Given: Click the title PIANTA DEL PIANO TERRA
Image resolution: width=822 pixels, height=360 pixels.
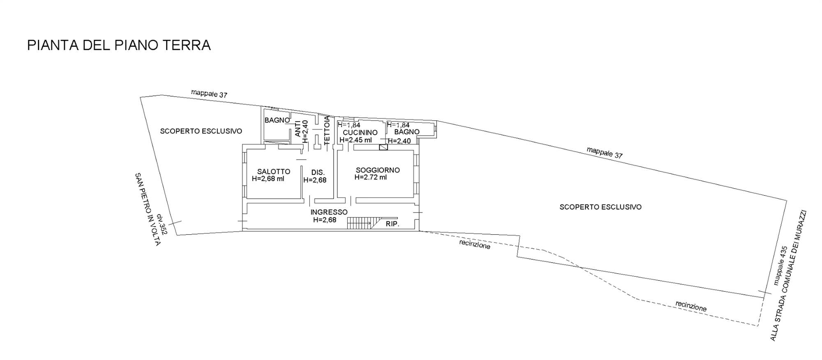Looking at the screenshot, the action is pyautogui.click(x=119, y=45).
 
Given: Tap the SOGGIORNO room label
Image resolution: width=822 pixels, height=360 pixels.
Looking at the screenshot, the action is pyautogui.click(x=378, y=170).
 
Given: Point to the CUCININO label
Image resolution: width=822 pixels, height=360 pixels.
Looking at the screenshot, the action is pyautogui.click(x=360, y=133).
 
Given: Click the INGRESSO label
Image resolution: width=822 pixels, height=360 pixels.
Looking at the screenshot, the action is pyautogui.click(x=329, y=212).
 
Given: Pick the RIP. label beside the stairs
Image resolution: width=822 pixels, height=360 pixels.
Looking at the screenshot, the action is pyautogui.click(x=393, y=224).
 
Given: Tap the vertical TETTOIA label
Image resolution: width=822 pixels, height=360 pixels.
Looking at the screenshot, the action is pyautogui.click(x=327, y=130).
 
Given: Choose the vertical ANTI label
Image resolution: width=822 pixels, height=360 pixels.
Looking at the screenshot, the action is pyautogui.click(x=298, y=128).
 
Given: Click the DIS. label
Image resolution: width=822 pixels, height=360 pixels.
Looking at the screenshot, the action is pyautogui.click(x=318, y=173).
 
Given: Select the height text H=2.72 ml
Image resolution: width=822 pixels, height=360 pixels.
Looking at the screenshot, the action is pyautogui.click(x=371, y=178).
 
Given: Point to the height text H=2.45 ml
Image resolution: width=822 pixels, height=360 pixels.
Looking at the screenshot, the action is pyautogui.click(x=356, y=140).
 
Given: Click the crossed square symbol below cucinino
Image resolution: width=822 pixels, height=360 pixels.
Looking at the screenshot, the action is pyautogui.click(x=383, y=147).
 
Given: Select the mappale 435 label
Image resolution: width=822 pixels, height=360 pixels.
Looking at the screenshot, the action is pyautogui.click(x=780, y=265).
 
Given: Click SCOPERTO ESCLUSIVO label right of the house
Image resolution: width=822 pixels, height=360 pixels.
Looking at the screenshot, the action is pyautogui.click(x=600, y=207).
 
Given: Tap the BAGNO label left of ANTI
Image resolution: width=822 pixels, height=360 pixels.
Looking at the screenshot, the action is pyautogui.click(x=277, y=120).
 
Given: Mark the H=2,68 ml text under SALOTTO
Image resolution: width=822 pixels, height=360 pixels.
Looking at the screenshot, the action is pyautogui.click(x=268, y=179).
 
